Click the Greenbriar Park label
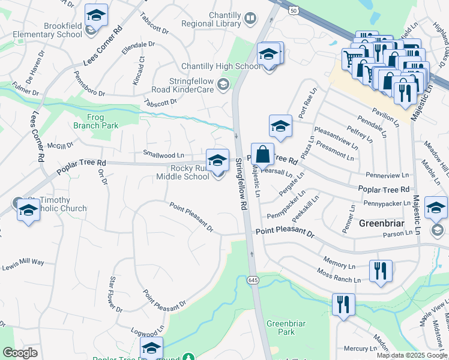(x=286, y=328)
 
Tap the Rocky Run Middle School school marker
(x=217, y=160)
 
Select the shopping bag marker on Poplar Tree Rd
(x=262, y=155)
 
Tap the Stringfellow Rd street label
(x=241, y=184)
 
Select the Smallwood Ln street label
(x=163, y=154)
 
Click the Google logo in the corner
(x=20, y=353)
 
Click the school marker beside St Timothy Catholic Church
(x=28, y=211)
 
